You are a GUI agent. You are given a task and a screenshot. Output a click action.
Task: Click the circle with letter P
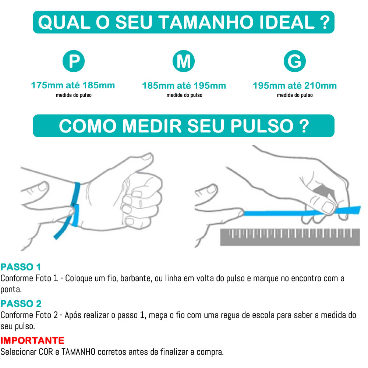pos(74,61)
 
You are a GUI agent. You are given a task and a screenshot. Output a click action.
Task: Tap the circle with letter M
pos(184,61)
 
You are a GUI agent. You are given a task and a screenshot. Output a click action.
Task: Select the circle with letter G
pos(294,61)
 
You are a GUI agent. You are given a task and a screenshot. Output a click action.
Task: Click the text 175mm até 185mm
pos(73,86)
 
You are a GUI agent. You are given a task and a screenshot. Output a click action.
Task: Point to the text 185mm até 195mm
pos(184,86)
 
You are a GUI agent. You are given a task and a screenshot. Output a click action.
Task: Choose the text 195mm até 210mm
pos(294,86)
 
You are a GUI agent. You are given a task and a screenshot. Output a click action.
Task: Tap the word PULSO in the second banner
pos(262,126)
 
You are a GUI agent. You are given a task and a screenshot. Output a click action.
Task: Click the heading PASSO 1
pos(21,267)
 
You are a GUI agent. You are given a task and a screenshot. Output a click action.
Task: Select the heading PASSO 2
pos(21,304)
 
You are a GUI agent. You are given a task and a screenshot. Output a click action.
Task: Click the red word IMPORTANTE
pos(32,340)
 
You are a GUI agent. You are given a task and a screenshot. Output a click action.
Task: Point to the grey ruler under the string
pos(290,237)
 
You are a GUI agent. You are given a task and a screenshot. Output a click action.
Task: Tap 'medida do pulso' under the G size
pos(294,95)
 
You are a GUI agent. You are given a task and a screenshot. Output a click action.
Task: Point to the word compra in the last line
pos(210,352)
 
